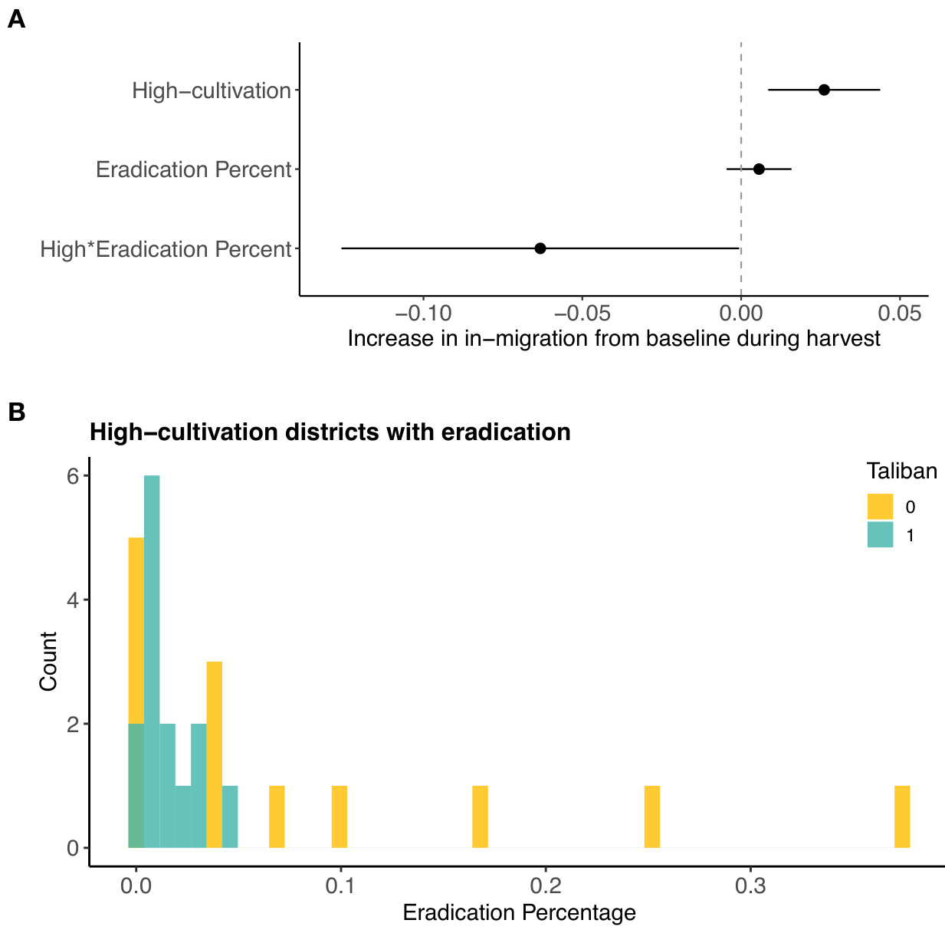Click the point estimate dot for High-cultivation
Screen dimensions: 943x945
(x=824, y=90)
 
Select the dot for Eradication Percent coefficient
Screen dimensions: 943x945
(x=759, y=169)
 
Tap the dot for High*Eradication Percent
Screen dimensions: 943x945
(x=540, y=248)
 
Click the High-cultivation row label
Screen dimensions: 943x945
(x=212, y=90)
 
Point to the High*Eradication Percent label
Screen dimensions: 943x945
(x=166, y=249)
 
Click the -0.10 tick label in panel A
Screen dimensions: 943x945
(x=422, y=314)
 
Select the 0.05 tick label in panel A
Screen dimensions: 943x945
(x=898, y=314)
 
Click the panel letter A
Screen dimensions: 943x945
(x=16, y=20)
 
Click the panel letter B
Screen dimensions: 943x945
(x=16, y=412)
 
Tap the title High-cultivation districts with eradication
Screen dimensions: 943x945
(x=330, y=432)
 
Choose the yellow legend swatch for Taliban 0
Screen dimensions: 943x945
(x=880, y=507)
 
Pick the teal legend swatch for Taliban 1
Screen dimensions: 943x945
(x=880, y=534)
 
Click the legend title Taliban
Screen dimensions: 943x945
(x=901, y=471)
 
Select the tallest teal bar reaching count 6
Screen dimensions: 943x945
(x=152, y=659)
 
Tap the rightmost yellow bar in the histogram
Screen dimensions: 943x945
(x=902, y=816)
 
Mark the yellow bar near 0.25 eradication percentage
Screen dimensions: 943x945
(x=652, y=816)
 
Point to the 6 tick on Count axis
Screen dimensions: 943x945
(x=73, y=476)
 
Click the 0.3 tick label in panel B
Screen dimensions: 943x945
(x=750, y=886)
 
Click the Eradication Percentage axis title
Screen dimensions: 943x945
(x=519, y=913)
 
